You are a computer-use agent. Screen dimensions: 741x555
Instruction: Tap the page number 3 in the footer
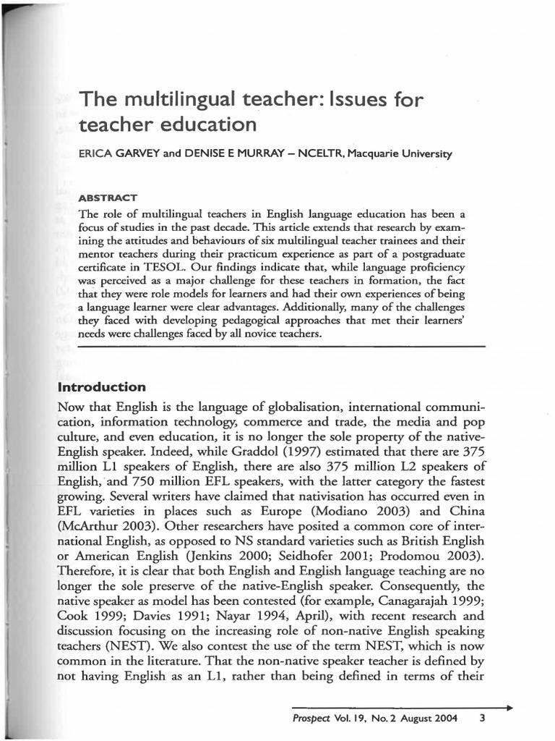[482, 719]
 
